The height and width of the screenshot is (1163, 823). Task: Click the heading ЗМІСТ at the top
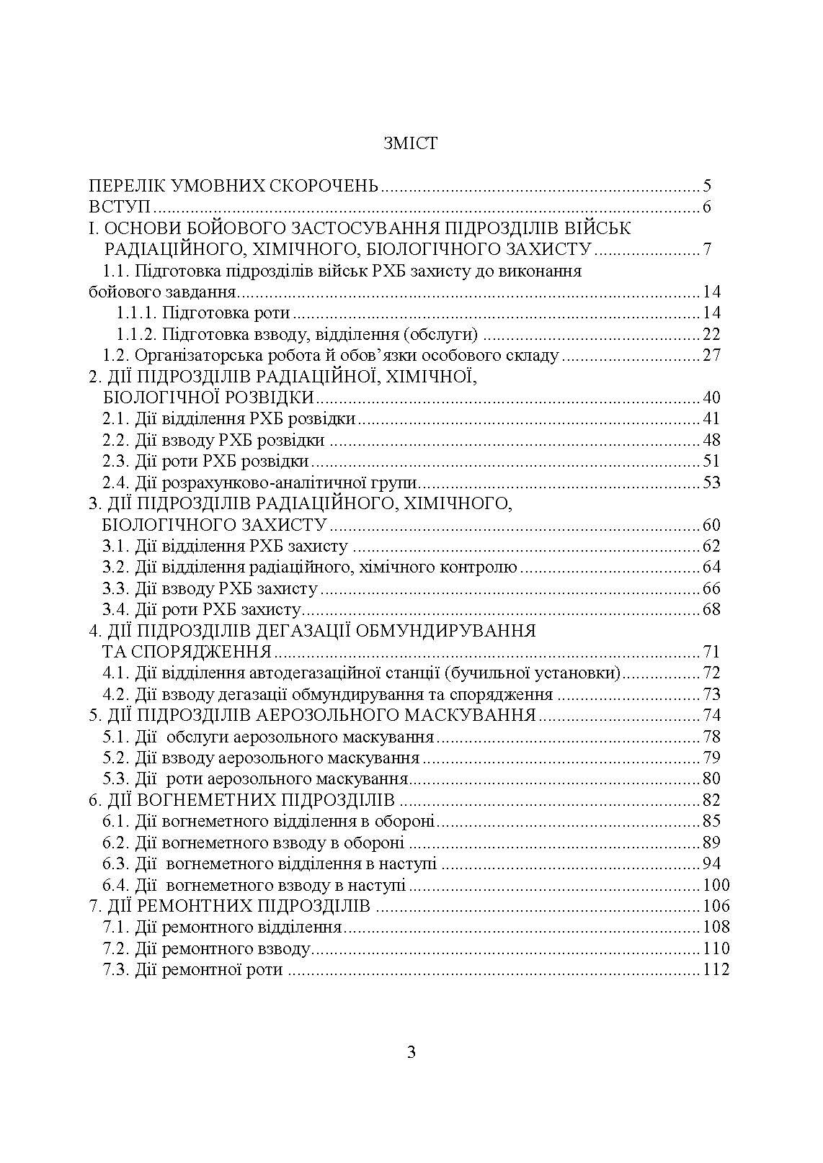411,143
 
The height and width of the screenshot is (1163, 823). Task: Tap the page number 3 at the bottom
411,1052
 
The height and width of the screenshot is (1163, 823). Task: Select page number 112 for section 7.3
716,970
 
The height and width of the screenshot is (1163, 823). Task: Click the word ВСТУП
119,207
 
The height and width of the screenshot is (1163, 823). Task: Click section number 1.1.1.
136,313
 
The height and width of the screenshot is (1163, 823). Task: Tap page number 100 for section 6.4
716,885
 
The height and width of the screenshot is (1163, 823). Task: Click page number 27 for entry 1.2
711,356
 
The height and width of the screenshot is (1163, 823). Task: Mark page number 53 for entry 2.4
711,482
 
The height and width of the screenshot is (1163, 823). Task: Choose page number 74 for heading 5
711,715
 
